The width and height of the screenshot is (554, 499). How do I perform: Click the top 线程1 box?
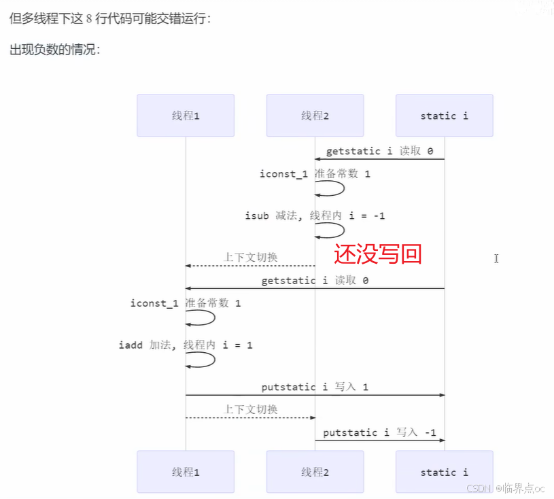tap(186, 116)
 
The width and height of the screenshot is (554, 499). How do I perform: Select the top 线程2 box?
tap(315, 116)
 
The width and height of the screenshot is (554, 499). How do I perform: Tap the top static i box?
tap(445, 116)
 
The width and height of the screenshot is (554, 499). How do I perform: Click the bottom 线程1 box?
tap(186, 472)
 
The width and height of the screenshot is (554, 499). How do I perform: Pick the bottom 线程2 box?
tap(315, 472)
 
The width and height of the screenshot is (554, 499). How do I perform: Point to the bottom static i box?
tap(445, 472)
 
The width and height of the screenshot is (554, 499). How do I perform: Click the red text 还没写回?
tap(378, 254)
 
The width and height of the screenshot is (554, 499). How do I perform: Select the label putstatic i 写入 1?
tap(315, 387)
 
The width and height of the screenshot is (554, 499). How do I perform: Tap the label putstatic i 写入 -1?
tap(379, 432)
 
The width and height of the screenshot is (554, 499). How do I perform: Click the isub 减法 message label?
tap(315, 216)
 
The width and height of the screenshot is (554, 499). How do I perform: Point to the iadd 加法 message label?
tap(186, 345)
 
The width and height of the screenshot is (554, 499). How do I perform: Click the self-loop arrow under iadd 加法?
tap(202, 360)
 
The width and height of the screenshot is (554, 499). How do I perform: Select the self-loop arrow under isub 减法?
tap(331, 230)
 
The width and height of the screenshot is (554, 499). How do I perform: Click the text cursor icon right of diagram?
tap(496, 258)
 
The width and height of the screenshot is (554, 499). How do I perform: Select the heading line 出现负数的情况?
tap(55, 50)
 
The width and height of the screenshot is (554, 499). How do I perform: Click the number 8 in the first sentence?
tap(89, 18)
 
